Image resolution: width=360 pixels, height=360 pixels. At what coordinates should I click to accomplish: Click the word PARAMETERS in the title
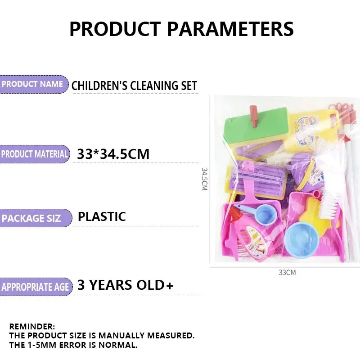coord(230,29)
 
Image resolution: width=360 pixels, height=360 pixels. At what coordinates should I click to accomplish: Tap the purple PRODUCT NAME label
coord(33,84)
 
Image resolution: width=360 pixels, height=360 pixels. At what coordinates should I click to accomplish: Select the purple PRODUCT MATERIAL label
coord(34,154)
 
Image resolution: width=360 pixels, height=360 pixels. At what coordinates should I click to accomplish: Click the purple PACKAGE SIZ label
coord(36,218)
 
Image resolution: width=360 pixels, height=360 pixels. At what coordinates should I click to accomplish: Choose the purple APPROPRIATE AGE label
coord(36,287)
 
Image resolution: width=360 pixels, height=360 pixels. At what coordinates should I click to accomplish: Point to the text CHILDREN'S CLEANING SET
coord(134,85)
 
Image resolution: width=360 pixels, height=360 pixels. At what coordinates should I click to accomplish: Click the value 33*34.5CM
coord(113,154)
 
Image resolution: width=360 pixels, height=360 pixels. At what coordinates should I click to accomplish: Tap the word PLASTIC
coord(102,216)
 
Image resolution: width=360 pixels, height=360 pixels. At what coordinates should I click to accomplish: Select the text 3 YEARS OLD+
coord(126,285)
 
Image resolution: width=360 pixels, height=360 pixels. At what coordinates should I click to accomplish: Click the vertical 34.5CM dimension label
coord(205,179)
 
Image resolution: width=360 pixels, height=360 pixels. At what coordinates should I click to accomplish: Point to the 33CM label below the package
coord(287,273)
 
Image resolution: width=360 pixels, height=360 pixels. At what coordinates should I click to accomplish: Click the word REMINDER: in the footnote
coord(32,326)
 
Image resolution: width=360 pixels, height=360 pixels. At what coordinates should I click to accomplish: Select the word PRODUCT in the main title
coord(115,29)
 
